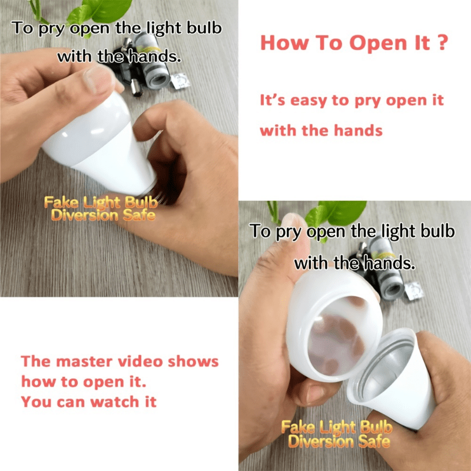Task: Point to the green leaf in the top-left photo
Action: click(106, 9)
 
